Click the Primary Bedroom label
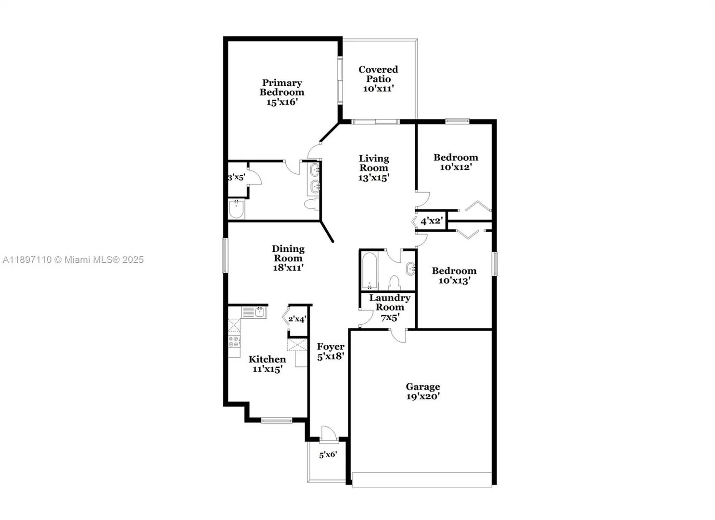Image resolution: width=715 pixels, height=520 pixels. (x=282, y=92)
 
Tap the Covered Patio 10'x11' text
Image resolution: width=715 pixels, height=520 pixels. (x=378, y=78)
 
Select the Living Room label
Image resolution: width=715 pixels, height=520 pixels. (x=374, y=168)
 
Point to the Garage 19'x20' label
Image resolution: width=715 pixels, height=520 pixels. (x=423, y=391)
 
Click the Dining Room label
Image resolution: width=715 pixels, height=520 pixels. (x=288, y=258)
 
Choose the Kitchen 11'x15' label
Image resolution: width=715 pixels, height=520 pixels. (x=267, y=364)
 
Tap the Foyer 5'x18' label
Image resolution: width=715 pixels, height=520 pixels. (x=331, y=351)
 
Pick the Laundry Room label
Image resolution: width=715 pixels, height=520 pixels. (x=390, y=307)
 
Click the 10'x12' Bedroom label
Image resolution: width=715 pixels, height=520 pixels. (x=456, y=162)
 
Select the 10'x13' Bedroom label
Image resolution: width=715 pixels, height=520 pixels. (x=454, y=276)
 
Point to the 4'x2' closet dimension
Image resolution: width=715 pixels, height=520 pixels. (x=432, y=221)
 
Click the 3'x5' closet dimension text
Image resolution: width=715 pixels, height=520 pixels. (x=237, y=178)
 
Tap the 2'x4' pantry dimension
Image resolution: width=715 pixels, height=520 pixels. (x=297, y=319)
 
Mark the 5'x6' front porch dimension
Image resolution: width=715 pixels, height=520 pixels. (x=328, y=455)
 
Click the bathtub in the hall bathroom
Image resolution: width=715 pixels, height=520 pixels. (x=370, y=271)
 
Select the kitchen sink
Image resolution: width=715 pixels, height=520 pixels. (x=254, y=312)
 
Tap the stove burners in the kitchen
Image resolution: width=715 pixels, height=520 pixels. (x=234, y=341)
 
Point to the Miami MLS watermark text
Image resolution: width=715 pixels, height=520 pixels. (x=73, y=260)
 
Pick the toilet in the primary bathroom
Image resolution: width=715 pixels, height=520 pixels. (x=311, y=204)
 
